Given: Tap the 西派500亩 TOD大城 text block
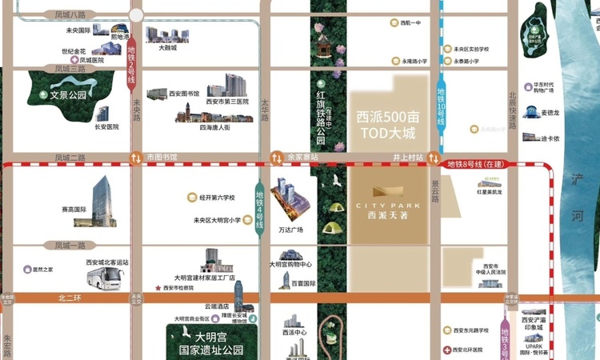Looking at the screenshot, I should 388,124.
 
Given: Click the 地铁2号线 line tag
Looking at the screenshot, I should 132,66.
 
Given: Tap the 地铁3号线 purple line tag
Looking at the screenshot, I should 505,336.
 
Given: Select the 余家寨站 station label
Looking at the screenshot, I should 302,157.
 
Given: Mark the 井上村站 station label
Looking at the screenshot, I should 407,157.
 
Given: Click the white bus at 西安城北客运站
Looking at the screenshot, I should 106,278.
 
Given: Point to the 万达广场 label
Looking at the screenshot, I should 291,230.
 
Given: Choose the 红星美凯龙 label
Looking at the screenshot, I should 489,193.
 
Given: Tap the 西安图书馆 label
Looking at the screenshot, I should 185,94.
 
